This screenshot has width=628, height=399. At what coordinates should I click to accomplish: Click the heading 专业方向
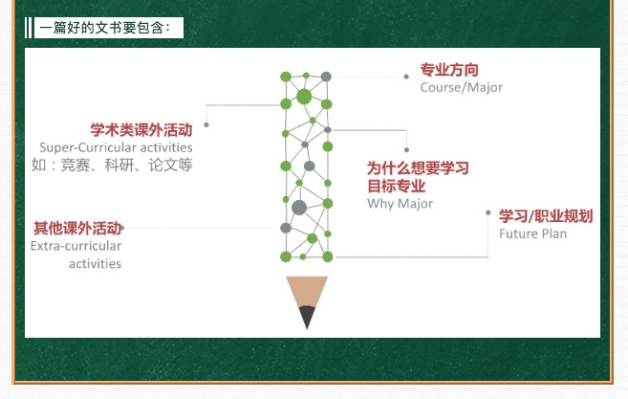tap(449, 70)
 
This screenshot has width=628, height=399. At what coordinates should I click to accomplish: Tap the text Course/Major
tap(461, 87)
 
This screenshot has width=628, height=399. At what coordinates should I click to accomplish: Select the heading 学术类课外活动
tap(141, 130)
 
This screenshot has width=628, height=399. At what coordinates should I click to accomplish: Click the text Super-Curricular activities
tap(116, 147)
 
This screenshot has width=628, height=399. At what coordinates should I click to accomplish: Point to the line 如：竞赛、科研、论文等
tap(112, 165)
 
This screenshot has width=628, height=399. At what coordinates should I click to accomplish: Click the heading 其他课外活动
tap(77, 228)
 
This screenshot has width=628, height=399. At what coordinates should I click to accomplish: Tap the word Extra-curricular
tap(76, 246)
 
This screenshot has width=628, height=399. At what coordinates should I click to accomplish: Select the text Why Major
tap(400, 204)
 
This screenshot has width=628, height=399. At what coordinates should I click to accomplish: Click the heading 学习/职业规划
tap(546, 216)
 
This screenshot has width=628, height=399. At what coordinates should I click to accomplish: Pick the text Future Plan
tap(532, 233)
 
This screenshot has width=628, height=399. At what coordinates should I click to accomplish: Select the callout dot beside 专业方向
tap(406, 77)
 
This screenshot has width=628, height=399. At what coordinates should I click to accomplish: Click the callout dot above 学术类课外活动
tap(206, 124)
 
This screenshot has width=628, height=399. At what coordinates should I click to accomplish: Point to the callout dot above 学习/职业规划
tap(487, 212)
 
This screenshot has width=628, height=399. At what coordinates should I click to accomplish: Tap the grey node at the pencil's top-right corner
tap(326, 77)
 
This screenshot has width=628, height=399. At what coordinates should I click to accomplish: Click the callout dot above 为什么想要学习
tap(406, 149)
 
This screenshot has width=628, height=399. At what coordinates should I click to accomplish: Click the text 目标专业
tap(396, 186)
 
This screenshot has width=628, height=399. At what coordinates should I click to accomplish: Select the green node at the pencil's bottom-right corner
tap(328, 256)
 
